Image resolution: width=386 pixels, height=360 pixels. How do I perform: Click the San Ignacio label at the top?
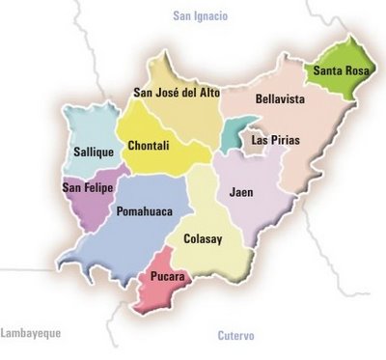[200, 15]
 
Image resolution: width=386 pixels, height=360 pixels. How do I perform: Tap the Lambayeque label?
[31, 333]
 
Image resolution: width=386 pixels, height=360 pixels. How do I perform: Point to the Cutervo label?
[235, 336]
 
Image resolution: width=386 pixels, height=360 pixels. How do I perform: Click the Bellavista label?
[281, 98]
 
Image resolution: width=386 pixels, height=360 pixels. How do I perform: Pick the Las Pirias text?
[276, 140]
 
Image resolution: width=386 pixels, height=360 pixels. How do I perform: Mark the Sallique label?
[94, 152]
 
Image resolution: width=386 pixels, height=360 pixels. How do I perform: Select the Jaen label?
[241, 192]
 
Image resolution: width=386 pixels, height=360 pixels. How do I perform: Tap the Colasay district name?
[204, 237]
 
